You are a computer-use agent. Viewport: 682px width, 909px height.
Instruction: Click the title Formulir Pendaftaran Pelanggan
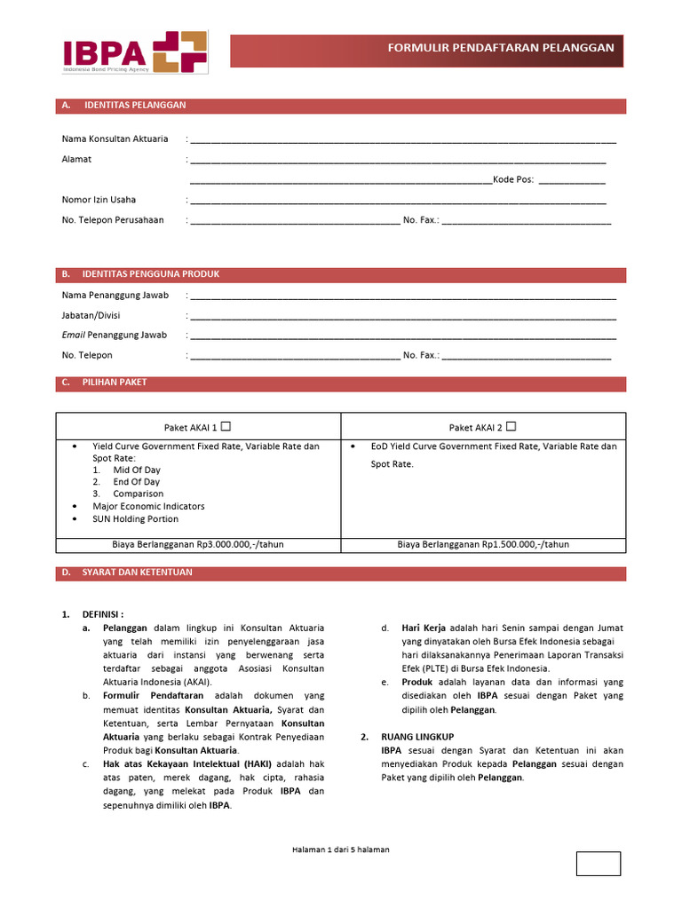point(501,47)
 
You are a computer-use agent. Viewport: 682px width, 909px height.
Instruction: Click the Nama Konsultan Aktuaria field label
point(115,139)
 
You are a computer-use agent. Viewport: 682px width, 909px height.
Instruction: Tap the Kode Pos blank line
point(572,179)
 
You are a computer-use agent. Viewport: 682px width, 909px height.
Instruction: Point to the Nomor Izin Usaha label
point(99,200)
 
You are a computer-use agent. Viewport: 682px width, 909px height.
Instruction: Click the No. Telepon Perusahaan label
point(113,220)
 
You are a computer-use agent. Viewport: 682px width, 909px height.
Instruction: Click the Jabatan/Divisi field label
point(91,315)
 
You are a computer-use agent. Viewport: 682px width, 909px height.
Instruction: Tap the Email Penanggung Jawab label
point(114,336)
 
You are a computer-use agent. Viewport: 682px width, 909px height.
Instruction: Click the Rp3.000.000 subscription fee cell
point(198,544)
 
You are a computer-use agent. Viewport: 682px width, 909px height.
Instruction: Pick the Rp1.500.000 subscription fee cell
point(483,544)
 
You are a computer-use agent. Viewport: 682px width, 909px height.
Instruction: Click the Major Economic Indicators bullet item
point(148,506)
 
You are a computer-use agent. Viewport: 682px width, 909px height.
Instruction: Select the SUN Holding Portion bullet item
point(135,519)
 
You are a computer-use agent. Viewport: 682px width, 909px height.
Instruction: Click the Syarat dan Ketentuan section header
point(137,573)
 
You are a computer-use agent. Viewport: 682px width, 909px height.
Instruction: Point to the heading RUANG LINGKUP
point(417,737)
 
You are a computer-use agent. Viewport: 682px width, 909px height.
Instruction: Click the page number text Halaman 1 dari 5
point(340,850)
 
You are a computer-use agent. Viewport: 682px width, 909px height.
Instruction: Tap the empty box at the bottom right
point(598,863)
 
